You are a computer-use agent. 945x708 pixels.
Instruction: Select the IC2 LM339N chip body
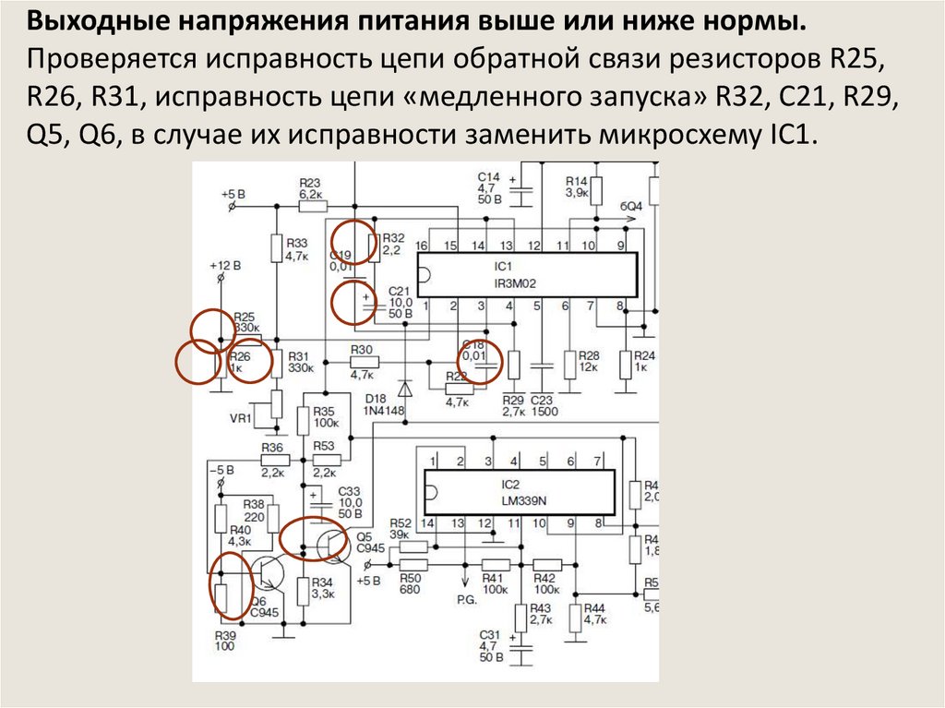(518, 493)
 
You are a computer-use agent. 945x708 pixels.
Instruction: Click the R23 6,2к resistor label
(310, 188)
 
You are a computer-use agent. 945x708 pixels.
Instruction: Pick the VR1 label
(241, 418)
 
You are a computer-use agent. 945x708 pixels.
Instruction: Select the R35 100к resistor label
(326, 416)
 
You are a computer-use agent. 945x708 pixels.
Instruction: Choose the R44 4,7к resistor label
(593, 613)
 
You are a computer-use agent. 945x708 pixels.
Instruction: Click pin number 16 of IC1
(422, 246)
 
